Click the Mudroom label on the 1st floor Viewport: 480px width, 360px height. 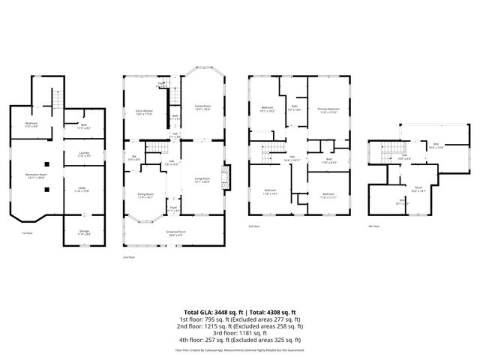click(x=31, y=124)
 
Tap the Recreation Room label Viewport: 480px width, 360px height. click(x=31, y=176)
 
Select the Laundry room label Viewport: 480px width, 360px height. click(x=83, y=155)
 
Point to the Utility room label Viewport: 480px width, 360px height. click(x=83, y=190)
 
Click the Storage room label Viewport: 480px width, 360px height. click(x=83, y=234)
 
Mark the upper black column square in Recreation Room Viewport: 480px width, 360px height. click(x=46, y=163)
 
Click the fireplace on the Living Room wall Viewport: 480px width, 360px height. click(x=230, y=177)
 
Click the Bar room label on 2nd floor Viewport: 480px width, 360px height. click(x=132, y=157)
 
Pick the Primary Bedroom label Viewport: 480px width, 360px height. click(x=328, y=110)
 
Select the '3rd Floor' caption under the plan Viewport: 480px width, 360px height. click(x=253, y=226)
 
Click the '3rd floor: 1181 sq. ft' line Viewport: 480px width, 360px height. click(x=240, y=332)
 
